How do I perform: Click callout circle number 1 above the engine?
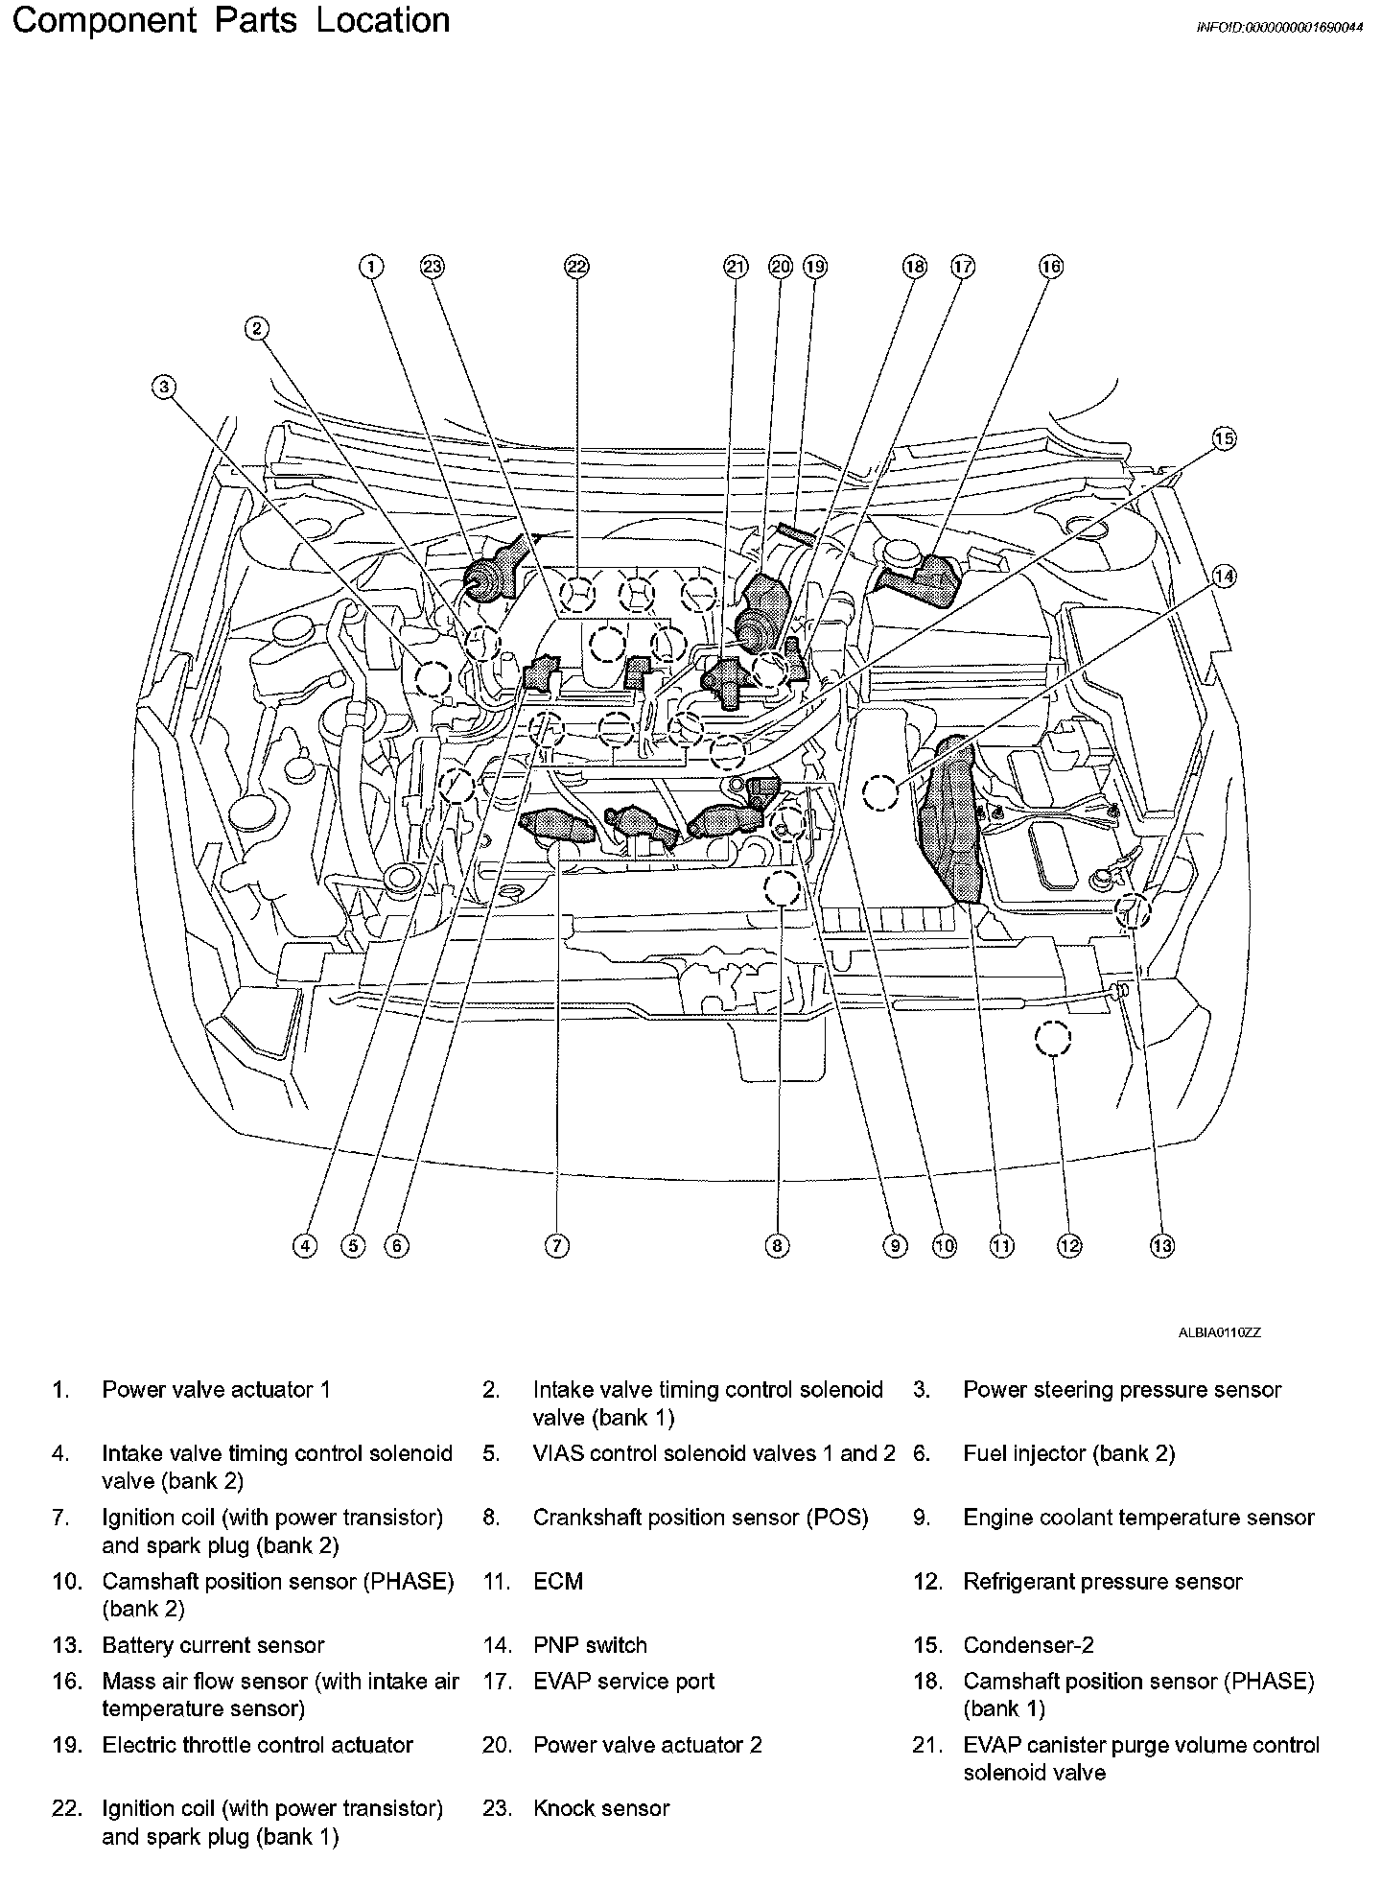pyautogui.click(x=371, y=267)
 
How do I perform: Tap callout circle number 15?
pyautogui.click(x=1224, y=439)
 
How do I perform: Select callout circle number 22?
pyautogui.click(x=575, y=267)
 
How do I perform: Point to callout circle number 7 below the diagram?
pyautogui.click(x=557, y=1245)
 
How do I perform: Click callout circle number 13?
pyautogui.click(x=1161, y=1245)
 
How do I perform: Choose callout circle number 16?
pyautogui.click(x=1051, y=267)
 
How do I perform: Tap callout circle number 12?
pyautogui.click(x=1069, y=1245)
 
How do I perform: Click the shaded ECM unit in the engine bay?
pyautogui.click(x=950, y=820)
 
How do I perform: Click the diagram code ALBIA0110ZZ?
pyautogui.click(x=1220, y=1332)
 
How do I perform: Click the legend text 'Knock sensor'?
pyautogui.click(x=601, y=1809)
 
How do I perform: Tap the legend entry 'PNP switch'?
pyautogui.click(x=590, y=1646)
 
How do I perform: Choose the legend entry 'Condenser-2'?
pyautogui.click(x=1028, y=1646)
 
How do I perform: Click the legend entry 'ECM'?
pyautogui.click(x=558, y=1582)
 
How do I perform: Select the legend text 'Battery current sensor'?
pyautogui.click(x=213, y=1646)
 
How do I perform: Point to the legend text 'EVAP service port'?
pyautogui.click(x=624, y=1682)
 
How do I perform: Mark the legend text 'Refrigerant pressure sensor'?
pyautogui.click(x=1103, y=1582)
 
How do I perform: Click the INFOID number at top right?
pyautogui.click(x=1278, y=28)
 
